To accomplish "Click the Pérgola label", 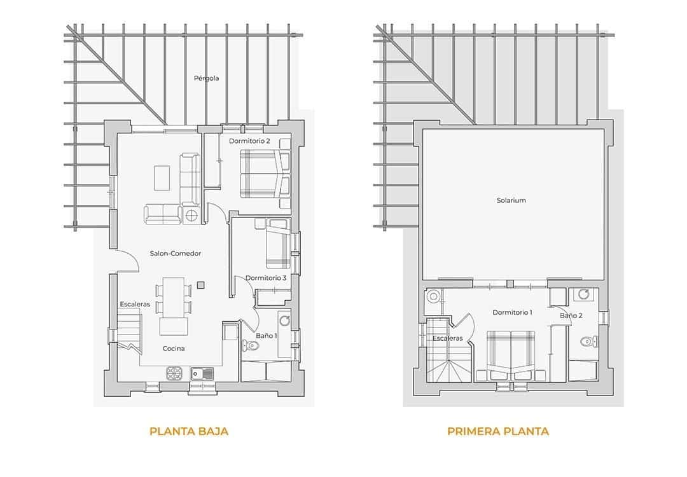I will tap(207, 78).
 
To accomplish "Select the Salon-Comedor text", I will tap(176, 253).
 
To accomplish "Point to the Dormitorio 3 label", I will tap(266, 278).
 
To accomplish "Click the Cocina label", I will tap(174, 349).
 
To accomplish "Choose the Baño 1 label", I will tap(267, 335).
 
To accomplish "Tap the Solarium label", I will tap(511, 200).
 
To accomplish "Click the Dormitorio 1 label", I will tap(512, 312).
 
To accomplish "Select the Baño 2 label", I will tap(571, 315).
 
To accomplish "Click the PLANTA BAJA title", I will tap(189, 431).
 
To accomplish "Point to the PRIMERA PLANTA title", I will tap(498, 431).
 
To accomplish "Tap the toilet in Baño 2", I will tap(586, 342).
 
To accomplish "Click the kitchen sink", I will tap(202, 373).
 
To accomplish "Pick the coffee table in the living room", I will tap(162, 177).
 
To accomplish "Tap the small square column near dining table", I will tap(201, 285).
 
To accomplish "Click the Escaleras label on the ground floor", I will tap(135, 304).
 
